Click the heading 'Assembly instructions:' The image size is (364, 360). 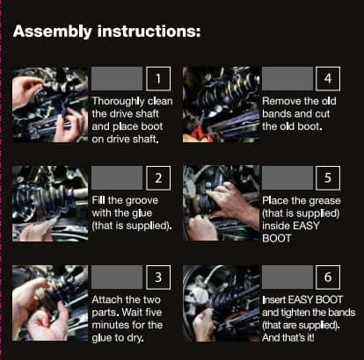tap(107, 32)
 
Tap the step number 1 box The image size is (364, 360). tap(158, 79)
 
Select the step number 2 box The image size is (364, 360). tap(158, 178)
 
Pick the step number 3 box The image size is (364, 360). tap(158, 277)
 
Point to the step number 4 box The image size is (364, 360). tap(328, 79)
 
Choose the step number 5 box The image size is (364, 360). tap(328, 178)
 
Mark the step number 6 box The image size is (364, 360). tap(328, 277)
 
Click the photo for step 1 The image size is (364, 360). tap(50, 104)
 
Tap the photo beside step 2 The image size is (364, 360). tap(50, 204)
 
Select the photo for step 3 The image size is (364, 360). tap(50, 303)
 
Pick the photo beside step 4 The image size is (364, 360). tap(221, 104)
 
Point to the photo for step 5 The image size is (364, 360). tap(221, 204)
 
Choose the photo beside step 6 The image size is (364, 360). tap(221, 303)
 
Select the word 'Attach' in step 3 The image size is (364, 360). tap(107, 299)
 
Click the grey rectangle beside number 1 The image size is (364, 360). tap(117, 79)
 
